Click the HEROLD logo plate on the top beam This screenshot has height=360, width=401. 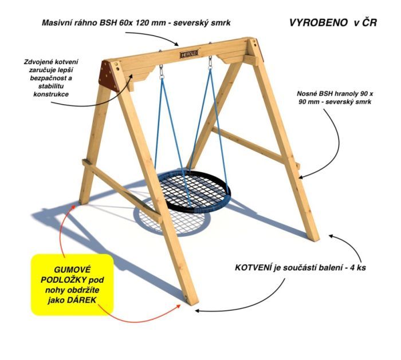pyautogui.click(x=189, y=54)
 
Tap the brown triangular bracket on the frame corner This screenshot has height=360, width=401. pyautogui.click(x=108, y=76)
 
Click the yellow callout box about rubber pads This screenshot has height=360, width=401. pyautogui.click(x=72, y=284)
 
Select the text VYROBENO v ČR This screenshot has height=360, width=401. pyautogui.click(x=333, y=23)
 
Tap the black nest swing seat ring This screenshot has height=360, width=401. pyautogui.click(x=194, y=192)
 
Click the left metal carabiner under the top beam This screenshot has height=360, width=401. pyautogui.click(x=162, y=72)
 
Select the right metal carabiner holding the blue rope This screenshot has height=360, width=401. pyautogui.click(x=210, y=62)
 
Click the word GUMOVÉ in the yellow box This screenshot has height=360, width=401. pyautogui.click(x=72, y=270)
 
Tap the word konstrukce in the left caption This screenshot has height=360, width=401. pyautogui.click(x=51, y=94)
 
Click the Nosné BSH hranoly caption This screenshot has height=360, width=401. pyautogui.click(x=335, y=98)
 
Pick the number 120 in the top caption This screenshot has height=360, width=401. pyautogui.click(x=141, y=23)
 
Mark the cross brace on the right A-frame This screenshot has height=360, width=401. pyautogui.click(x=255, y=148)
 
